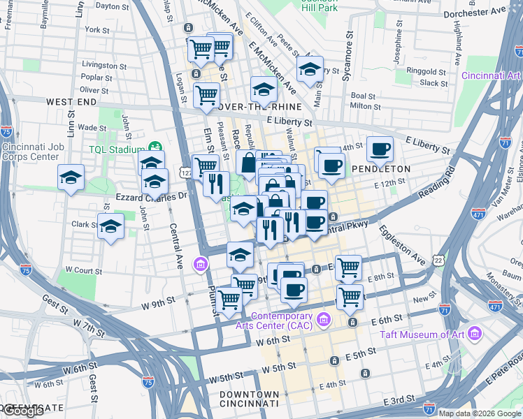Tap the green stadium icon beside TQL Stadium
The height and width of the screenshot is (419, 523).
coord(154,148)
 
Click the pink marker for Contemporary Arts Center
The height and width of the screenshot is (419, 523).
coord(323,321)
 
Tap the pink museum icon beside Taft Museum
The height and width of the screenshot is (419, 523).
coord(475,334)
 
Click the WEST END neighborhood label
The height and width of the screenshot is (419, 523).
coord(71,102)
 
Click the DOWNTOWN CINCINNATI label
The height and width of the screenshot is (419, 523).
coord(250,399)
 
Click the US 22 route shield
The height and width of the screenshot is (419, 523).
coord(438,260)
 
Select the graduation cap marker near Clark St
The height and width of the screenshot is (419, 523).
coord(110,226)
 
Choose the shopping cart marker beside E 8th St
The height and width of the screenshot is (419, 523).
coord(348,266)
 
